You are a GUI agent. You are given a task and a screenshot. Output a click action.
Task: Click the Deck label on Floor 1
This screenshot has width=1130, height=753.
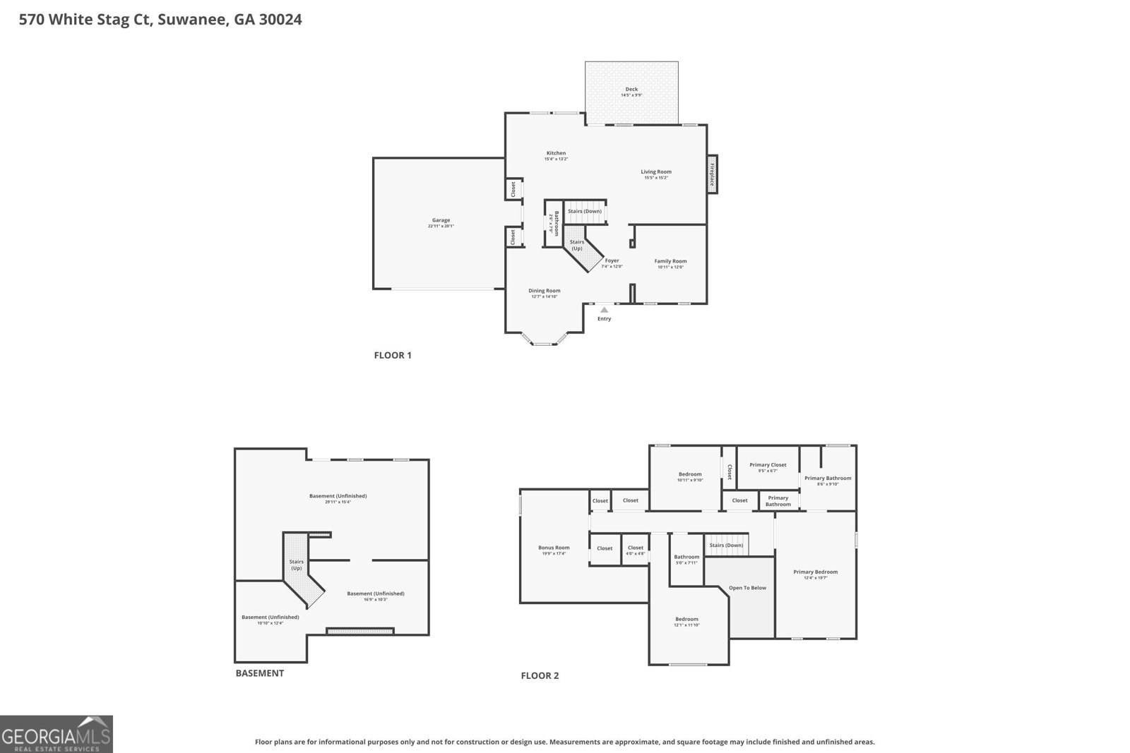point(631,90)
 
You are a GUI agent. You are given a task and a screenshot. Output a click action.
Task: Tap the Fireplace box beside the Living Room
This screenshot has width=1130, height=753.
point(712,173)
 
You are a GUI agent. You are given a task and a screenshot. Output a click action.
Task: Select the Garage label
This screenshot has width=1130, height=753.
point(441,220)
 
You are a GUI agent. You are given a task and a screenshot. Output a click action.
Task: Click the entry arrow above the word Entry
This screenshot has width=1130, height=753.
point(604,309)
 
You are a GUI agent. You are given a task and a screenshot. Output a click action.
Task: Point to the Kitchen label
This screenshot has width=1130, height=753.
point(556,153)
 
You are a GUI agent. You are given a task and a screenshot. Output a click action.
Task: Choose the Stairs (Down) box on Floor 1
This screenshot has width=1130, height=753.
point(585,211)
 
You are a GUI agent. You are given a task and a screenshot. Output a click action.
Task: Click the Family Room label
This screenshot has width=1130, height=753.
point(670,261)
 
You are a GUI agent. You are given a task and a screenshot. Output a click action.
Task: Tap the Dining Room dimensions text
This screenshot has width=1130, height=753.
point(545,296)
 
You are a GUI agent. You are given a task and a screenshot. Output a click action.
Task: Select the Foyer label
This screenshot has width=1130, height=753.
point(612,260)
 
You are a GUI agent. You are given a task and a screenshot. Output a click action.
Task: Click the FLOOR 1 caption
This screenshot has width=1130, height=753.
point(393,355)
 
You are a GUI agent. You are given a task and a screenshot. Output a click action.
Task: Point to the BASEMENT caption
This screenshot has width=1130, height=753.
point(259,673)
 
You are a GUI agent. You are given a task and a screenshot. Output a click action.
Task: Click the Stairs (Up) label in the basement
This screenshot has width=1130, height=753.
point(296,565)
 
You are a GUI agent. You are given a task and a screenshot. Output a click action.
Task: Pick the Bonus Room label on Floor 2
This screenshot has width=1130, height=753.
point(554,548)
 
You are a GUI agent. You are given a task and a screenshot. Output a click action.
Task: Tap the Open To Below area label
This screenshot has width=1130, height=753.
point(747,588)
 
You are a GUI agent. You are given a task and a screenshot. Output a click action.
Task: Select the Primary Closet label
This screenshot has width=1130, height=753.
point(768,465)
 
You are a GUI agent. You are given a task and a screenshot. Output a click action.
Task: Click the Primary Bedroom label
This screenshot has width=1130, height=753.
point(815,572)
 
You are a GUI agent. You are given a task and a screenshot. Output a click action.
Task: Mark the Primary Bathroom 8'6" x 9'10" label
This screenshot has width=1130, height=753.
point(828,481)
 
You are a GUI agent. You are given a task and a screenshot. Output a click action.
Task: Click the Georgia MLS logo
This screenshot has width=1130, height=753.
point(56,734)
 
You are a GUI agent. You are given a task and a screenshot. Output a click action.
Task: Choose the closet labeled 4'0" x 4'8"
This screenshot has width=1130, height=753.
point(636,550)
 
